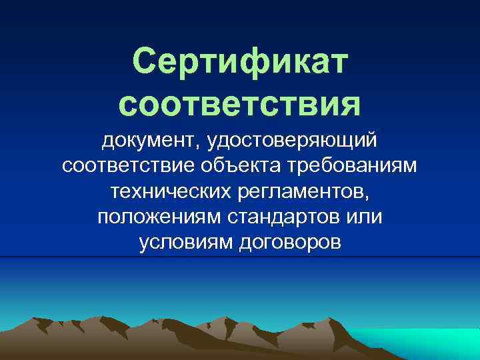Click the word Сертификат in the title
(x=240, y=62)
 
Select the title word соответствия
(x=240, y=103)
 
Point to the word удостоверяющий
(x=293, y=141)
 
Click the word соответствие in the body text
(x=127, y=167)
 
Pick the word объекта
(x=243, y=167)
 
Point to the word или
(x=365, y=218)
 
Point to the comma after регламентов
(x=365, y=198)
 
